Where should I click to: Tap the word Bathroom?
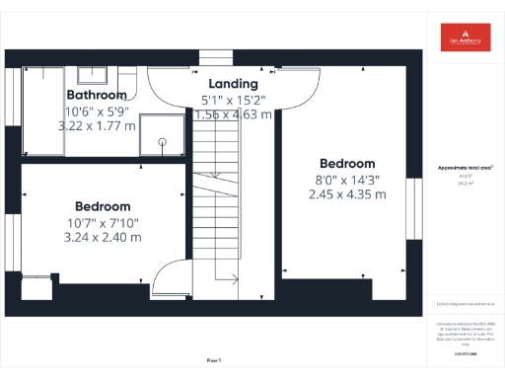[97, 95]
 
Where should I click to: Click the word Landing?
[234, 85]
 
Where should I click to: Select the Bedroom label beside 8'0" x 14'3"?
[347, 164]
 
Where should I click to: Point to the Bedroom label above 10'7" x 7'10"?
[104, 206]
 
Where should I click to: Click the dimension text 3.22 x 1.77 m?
[97, 126]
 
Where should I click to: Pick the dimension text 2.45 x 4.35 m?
[347, 194]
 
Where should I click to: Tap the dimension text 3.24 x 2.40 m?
[104, 238]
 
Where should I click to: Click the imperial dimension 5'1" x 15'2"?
[234, 100]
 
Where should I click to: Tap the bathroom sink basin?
[94, 74]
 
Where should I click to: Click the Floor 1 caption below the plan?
[214, 361]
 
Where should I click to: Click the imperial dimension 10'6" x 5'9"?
[97, 111]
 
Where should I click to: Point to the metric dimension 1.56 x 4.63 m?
[234, 114]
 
